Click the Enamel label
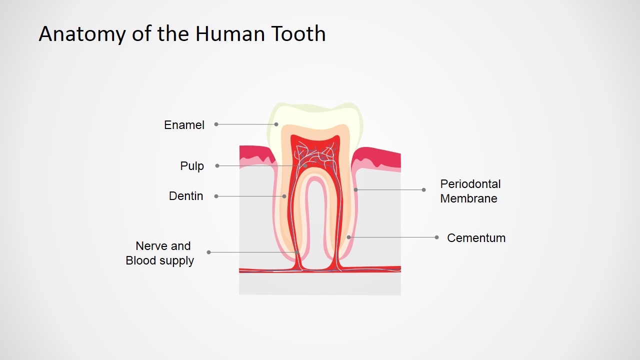coord(184,125)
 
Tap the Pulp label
coord(192,166)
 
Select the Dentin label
coord(186,196)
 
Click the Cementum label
coord(476,237)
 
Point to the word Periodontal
coord(470,184)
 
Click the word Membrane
coord(468,198)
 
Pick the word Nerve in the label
coord(151,246)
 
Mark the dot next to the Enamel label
coord(216,124)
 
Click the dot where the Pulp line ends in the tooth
coord(305,165)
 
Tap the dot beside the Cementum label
coord(436,237)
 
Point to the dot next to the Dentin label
coord(216,196)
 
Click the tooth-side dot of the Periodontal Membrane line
coord(355,189)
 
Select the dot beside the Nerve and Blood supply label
coord(209,252)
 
